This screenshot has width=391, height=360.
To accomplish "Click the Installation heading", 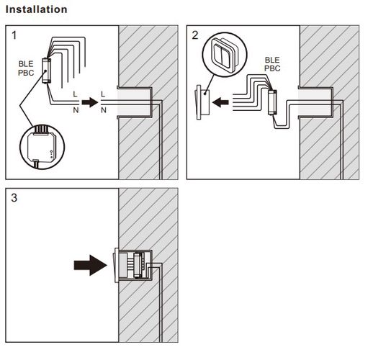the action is pyautogui.click(x=37, y=9).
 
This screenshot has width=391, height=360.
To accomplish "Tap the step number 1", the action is pyautogui.click(x=14, y=35).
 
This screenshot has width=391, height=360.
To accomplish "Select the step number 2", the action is pyautogui.click(x=195, y=35).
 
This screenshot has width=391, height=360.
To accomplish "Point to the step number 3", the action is pyautogui.click(x=14, y=198).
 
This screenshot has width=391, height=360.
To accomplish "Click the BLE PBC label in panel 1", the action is pyautogui.click(x=26, y=68).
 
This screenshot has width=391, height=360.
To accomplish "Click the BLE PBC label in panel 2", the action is pyautogui.click(x=272, y=64).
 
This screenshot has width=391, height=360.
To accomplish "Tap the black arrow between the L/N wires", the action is pyautogui.click(x=90, y=102).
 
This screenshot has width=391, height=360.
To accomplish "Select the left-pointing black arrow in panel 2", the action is pyautogui.click(x=220, y=102).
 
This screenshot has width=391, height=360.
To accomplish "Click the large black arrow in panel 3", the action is pyautogui.click(x=91, y=265).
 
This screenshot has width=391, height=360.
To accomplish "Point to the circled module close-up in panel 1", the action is pyautogui.click(x=42, y=147).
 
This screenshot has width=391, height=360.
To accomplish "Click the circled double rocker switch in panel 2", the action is pyautogui.click(x=225, y=54).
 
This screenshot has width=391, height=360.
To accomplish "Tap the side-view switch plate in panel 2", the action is pyautogui.click(x=202, y=102).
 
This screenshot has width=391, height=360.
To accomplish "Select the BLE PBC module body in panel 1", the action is pyautogui.click(x=47, y=71).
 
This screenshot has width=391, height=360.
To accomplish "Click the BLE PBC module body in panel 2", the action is pyautogui.click(x=272, y=102).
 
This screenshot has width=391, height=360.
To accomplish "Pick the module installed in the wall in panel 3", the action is pyautogui.click(x=138, y=265).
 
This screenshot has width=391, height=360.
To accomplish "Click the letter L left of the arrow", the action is pyautogui.click(x=75, y=94).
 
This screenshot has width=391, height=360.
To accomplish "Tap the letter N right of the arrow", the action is pyautogui.click(x=104, y=110).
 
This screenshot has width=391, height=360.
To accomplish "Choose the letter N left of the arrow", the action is pyautogui.click(x=76, y=110).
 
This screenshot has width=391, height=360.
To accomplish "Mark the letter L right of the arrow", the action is pyautogui.click(x=103, y=94).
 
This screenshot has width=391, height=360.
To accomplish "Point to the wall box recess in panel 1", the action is pyautogui.click(x=135, y=102).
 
